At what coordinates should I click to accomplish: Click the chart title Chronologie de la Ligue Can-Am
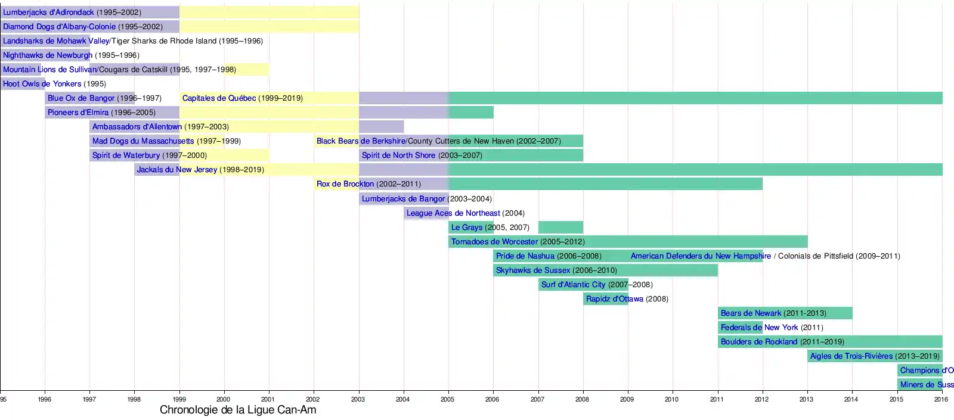[x=238, y=410]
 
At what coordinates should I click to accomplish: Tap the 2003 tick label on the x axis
[x=358, y=399]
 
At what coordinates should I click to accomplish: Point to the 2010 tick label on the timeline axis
[x=671, y=399]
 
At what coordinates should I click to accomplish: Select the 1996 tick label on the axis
[x=45, y=399]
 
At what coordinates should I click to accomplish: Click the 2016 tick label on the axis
[x=941, y=399]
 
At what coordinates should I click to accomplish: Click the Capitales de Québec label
[x=219, y=98]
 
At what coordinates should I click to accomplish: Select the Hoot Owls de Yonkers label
[x=42, y=84]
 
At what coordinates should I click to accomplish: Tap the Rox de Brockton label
[x=345, y=184]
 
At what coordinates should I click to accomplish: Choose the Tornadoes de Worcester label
[x=494, y=242]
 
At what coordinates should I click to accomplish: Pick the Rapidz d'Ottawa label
[x=614, y=299]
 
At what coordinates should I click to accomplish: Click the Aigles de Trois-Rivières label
[x=851, y=356]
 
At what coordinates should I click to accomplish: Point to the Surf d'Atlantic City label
[x=573, y=285]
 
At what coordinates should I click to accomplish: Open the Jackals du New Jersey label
[x=176, y=170]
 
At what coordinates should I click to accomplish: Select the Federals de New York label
[x=759, y=328]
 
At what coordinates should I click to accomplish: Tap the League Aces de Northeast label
[x=453, y=213]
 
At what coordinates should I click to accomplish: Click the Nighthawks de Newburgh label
[x=48, y=55]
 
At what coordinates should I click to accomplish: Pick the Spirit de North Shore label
[x=398, y=155]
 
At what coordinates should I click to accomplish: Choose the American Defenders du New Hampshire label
[x=701, y=256]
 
